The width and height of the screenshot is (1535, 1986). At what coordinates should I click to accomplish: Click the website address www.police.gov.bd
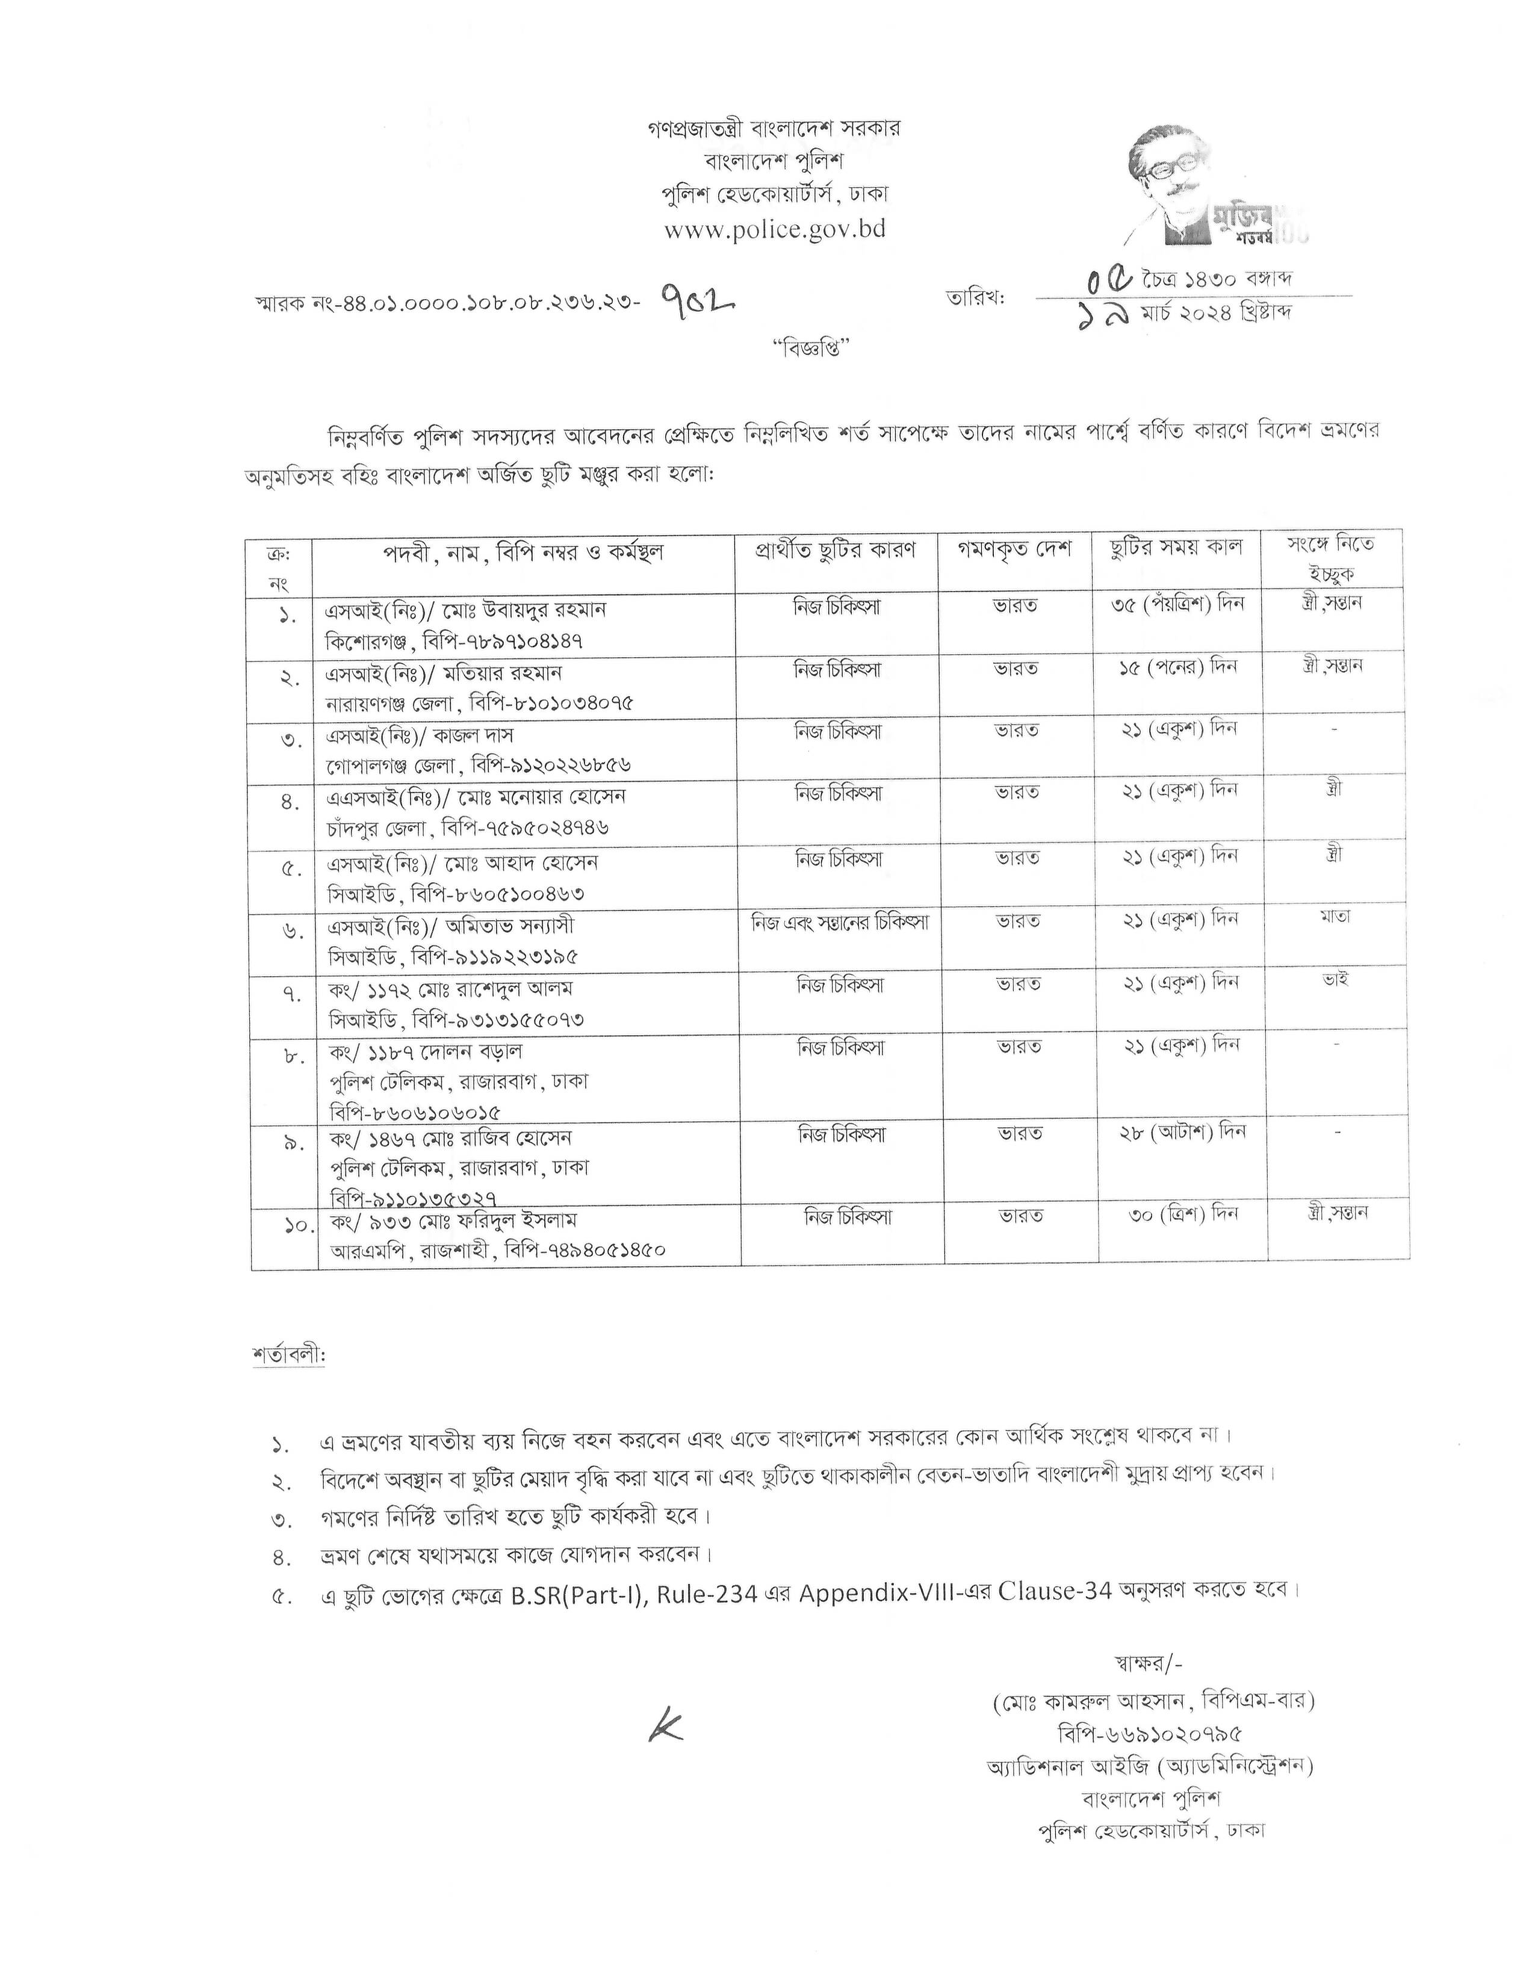[x=774, y=229]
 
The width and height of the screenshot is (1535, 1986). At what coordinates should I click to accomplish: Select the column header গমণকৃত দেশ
[x=1014, y=549]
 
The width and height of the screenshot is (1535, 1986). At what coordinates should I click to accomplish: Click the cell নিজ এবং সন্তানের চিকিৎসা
[x=839, y=921]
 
